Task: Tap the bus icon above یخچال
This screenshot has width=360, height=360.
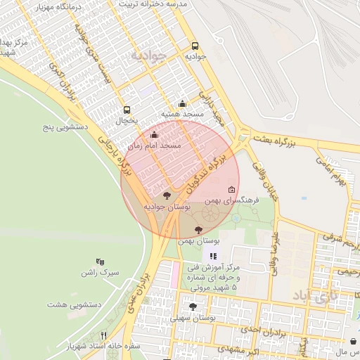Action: pos(127,109)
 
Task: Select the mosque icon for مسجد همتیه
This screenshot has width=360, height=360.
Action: pos(182,103)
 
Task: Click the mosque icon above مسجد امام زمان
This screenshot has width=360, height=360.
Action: pos(154,134)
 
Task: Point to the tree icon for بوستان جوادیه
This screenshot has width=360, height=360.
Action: pos(167,195)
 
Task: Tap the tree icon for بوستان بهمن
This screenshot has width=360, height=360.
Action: pos(198,229)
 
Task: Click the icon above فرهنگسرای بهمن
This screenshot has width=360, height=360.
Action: pos(232,189)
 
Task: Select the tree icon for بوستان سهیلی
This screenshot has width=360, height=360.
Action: pos(193,307)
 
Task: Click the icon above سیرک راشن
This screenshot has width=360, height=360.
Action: pos(100,261)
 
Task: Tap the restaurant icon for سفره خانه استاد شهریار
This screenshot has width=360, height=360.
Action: pos(104,335)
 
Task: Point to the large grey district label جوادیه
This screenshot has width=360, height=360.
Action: pos(148,56)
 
